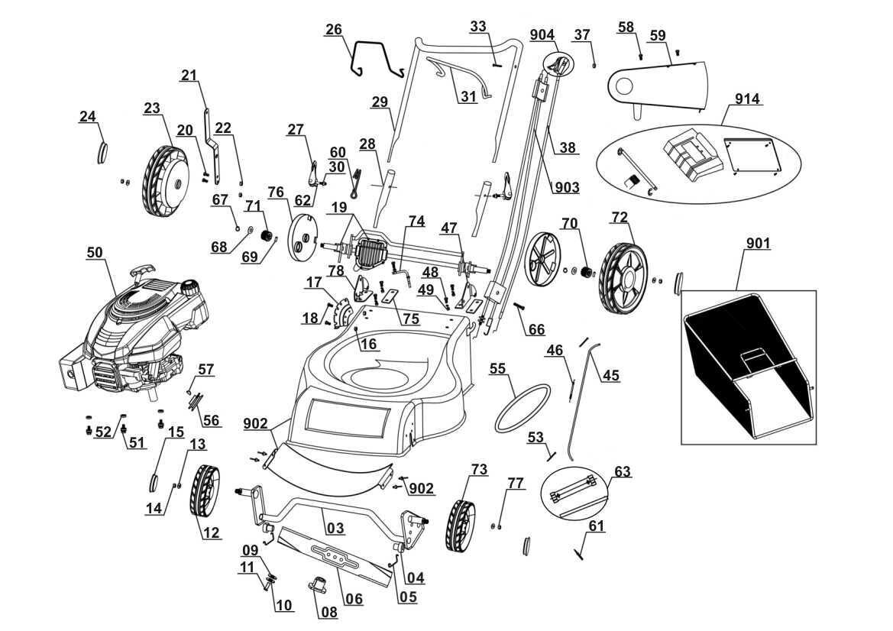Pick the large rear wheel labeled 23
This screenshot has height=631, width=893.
[x=165, y=181]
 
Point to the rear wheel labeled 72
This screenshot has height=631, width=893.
[x=623, y=278]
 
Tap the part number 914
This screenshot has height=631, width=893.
[x=746, y=99]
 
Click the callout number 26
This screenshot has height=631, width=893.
[x=334, y=29]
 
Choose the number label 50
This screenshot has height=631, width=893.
[x=95, y=252]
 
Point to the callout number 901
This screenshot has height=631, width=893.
[x=758, y=244]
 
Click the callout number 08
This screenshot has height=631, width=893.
[x=329, y=612]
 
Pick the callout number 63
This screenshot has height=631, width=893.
[x=623, y=472]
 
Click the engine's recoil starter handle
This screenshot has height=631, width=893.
[x=142, y=269]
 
